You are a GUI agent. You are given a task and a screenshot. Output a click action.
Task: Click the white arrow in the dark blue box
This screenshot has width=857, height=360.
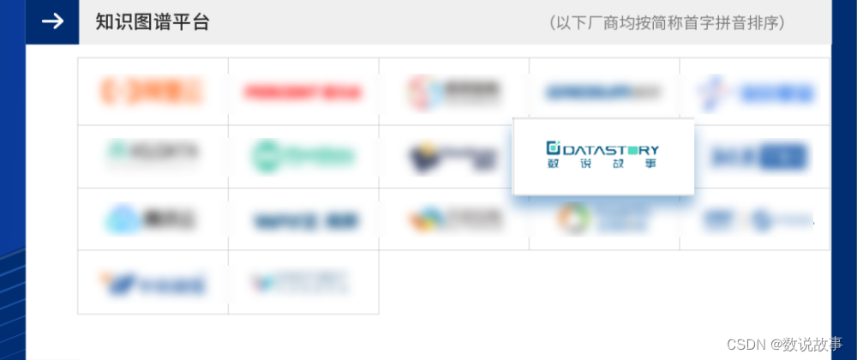point(52,21)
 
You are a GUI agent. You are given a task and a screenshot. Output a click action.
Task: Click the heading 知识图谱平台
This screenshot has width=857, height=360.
point(153,22)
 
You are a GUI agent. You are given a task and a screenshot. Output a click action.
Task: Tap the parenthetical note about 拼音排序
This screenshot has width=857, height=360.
point(667,23)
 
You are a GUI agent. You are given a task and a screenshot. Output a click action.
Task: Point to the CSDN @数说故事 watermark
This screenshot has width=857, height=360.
point(785,343)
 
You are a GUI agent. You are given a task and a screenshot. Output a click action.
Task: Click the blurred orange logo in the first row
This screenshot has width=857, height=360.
point(152,91)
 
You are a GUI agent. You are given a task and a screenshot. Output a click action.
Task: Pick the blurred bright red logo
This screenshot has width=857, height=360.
point(303,92)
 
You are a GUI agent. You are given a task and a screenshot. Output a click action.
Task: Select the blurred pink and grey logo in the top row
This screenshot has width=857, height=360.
point(454,91)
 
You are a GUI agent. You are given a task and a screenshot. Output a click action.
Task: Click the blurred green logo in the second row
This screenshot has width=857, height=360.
point(303,156)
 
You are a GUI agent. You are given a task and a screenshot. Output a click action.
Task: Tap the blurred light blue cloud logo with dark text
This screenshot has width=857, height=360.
point(152,219)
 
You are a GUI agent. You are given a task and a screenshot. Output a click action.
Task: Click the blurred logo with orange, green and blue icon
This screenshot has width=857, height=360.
point(454,219)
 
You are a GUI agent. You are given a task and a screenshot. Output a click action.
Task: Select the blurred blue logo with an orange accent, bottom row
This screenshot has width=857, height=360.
point(153,281)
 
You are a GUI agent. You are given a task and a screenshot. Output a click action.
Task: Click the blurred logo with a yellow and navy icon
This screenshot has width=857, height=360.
point(454,157)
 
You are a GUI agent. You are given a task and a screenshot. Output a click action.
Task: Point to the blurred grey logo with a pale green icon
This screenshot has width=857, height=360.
point(153,153)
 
